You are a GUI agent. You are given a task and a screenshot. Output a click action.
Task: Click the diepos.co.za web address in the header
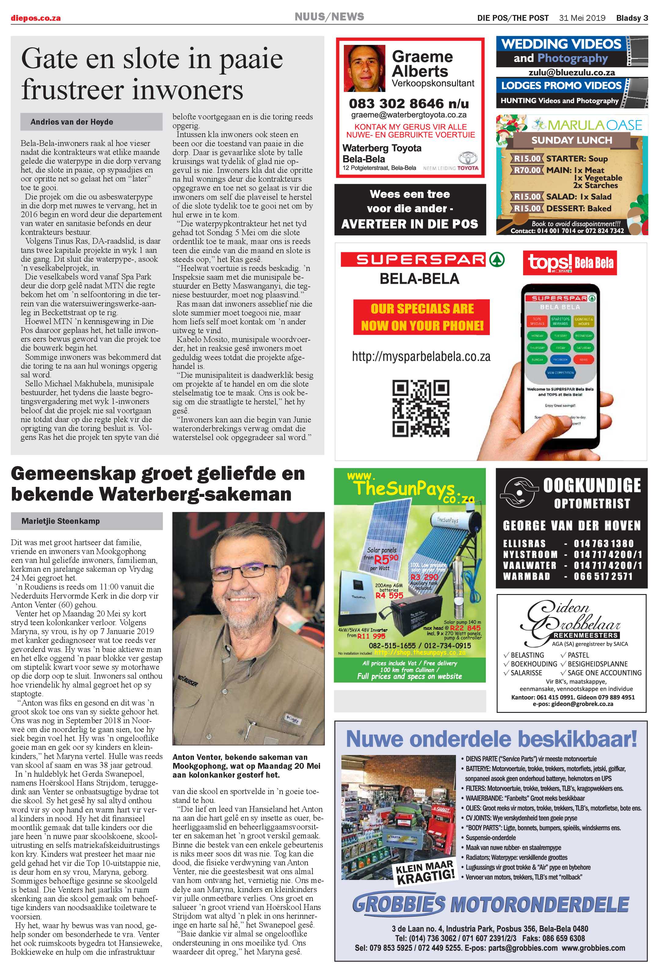(x=36, y=18)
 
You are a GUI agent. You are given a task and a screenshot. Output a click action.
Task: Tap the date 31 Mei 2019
(x=582, y=18)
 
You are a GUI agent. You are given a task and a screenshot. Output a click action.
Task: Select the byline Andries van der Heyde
(x=72, y=122)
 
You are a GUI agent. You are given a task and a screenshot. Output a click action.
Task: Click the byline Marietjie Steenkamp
(x=60, y=521)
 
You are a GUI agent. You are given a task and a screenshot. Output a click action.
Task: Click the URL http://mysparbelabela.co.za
(x=421, y=357)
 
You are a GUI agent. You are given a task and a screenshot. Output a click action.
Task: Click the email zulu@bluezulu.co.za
(x=571, y=72)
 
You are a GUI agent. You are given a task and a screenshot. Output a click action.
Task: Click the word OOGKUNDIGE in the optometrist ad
(x=592, y=485)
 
